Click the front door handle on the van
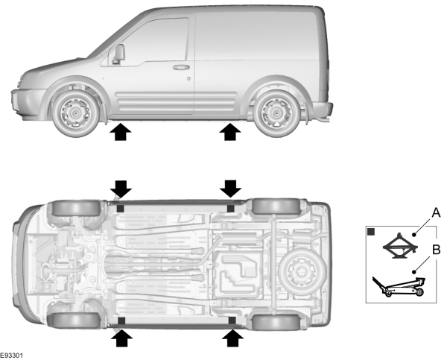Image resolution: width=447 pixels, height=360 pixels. pyautogui.click(x=181, y=67)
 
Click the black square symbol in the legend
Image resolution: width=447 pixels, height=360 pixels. pyautogui.click(x=372, y=233)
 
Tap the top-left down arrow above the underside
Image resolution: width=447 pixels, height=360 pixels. pyautogui.click(x=119, y=187)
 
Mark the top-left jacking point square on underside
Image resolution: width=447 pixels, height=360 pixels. pyautogui.click(x=120, y=209)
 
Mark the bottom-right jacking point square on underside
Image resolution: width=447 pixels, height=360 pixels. pyautogui.click(x=232, y=320)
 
